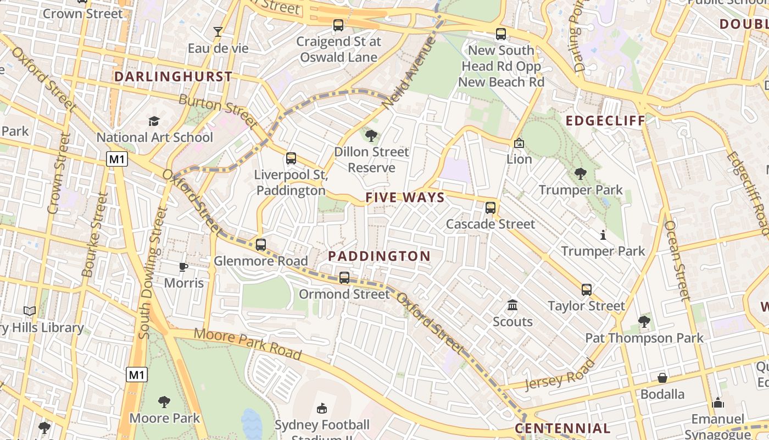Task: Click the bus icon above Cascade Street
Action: (491, 208)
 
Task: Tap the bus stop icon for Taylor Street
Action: (587, 290)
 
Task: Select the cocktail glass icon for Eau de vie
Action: (218, 32)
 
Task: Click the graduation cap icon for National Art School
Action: (154, 121)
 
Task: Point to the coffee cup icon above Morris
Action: (183, 267)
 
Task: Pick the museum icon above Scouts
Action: (512, 305)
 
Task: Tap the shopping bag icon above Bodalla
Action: (663, 378)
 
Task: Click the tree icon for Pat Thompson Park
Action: (644, 321)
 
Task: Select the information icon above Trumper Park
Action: (603, 235)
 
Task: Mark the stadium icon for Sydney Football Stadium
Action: (322, 408)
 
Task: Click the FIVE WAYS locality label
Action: (405, 198)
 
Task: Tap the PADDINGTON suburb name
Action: (379, 256)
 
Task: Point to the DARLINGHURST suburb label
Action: (173, 77)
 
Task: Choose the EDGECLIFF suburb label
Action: (605, 121)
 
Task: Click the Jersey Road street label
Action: (560, 374)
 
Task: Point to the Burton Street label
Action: (218, 110)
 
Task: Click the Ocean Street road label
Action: (677, 260)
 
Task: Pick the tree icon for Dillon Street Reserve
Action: (371, 135)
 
